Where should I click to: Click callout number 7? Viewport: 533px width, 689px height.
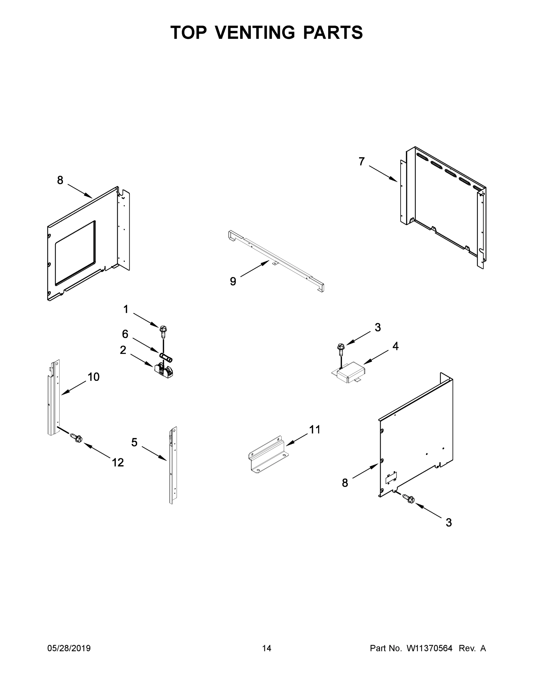(361, 162)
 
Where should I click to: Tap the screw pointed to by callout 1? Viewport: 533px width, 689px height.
(163, 329)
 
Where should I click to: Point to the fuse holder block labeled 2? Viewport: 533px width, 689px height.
(163, 371)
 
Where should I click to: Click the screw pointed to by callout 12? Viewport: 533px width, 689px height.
(76, 438)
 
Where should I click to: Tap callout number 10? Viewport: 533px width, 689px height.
(93, 377)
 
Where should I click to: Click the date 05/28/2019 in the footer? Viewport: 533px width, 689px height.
(69, 648)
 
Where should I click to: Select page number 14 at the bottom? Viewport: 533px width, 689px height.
(267, 648)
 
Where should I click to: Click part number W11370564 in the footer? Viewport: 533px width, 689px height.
(430, 648)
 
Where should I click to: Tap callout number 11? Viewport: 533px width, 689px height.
(315, 429)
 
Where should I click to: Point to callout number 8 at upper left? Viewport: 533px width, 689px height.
(60, 180)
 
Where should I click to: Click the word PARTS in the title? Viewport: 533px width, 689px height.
(333, 32)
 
